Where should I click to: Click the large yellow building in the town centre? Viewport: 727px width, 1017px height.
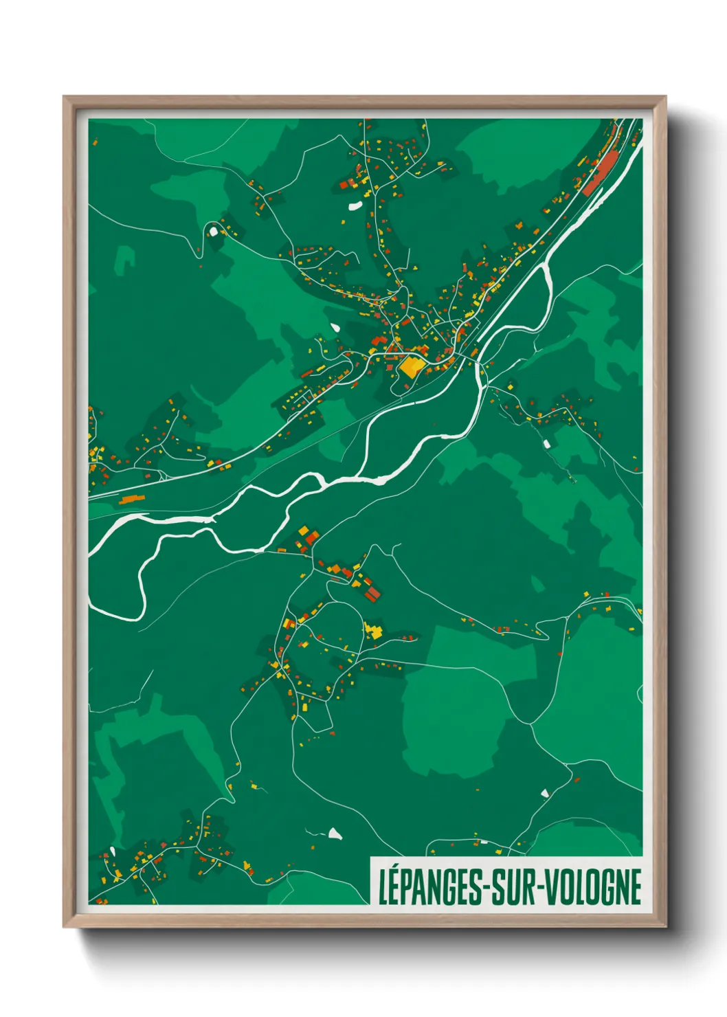click(410, 366)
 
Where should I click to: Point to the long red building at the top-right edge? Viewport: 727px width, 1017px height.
click(600, 172)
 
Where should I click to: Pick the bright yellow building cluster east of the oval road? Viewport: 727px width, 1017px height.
click(374, 630)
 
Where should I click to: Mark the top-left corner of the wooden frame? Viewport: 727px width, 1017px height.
click(65, 98)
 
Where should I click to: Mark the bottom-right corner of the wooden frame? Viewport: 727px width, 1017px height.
click(665, 926)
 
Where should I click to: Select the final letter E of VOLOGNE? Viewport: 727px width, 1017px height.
click(636, 887)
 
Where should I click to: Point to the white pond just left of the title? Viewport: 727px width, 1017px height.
click(335, 834)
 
